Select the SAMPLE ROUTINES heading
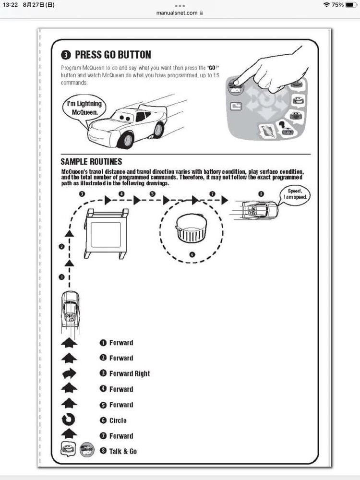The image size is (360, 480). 91,162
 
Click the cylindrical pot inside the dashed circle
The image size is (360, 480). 192,228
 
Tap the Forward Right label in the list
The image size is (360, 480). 130,373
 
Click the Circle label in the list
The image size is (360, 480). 118,420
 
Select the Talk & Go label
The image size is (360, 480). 123,451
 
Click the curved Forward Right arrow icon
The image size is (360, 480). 70,374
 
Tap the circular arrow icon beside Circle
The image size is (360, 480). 70,420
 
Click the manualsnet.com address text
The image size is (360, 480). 177,13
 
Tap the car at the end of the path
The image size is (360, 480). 259,210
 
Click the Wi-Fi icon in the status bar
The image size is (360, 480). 326,5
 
